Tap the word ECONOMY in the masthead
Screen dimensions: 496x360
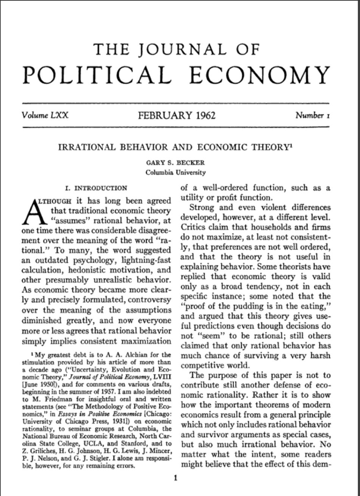(x=259, y=75)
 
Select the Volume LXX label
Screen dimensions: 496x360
(x=45, y=115)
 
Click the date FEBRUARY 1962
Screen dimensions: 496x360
(x=177, y=115)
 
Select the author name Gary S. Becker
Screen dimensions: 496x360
(x=175, y=163)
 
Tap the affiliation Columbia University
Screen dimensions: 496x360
(x=175, y=172)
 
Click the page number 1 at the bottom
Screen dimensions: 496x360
(x=175, y=478)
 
